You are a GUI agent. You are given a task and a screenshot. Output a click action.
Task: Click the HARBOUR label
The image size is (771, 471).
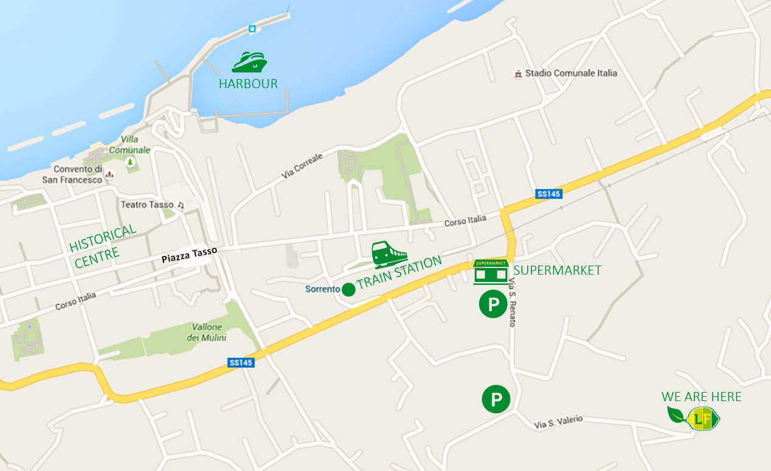tap(248, 84)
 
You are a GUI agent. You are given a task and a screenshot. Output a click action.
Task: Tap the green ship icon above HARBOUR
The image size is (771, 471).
tap(249, 62)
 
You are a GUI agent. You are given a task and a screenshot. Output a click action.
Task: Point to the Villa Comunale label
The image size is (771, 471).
tap(130, 144)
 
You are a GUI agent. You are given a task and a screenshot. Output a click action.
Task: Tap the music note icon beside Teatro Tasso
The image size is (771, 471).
tap(180, 205)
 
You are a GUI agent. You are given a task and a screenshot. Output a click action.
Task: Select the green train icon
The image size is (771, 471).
tap(389, 255)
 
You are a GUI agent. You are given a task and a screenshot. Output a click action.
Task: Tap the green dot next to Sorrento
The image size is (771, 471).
tap(348, 289)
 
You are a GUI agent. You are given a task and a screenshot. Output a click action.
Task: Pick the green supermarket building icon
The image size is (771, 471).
tap(490, 272)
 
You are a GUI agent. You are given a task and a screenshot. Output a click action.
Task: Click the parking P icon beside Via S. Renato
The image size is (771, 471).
tap(493, 304)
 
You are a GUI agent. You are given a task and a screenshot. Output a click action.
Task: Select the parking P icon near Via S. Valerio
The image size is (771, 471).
tap(496, 399)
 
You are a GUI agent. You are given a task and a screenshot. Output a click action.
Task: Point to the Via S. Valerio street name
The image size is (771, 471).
tap(559, 421)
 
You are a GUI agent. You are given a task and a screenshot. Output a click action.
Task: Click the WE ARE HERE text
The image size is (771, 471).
tap(701, 397)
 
